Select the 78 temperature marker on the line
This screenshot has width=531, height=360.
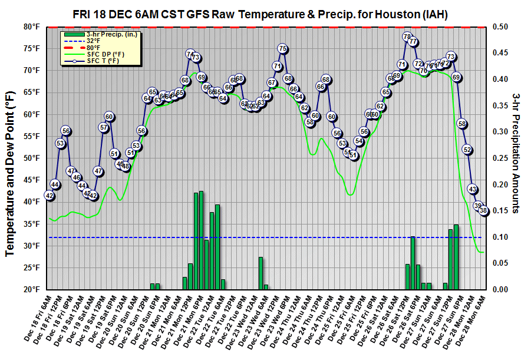pyautogui.click(x=407, y=37)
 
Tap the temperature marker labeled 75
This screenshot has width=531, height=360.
pyautogui.click(x=282, y=49)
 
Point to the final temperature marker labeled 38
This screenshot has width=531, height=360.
pyautogui.click(x=484, y=210)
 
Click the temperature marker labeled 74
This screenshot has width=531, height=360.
pyautogui.click(x=190, y=54)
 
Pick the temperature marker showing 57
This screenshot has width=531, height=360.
pyautogui.click(x=104, y=127)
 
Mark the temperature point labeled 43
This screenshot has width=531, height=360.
pyautogui.click(x=473, y=189)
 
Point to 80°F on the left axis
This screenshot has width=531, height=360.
pyautogui.click(x=32, y=27)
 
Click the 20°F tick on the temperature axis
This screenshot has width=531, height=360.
pyautogui.click(x=32, y=289)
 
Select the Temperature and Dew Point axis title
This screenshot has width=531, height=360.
pyautogui.click(x=11, y=158)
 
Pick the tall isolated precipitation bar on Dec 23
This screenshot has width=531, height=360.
pyautogui.click(x=260, y=273)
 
